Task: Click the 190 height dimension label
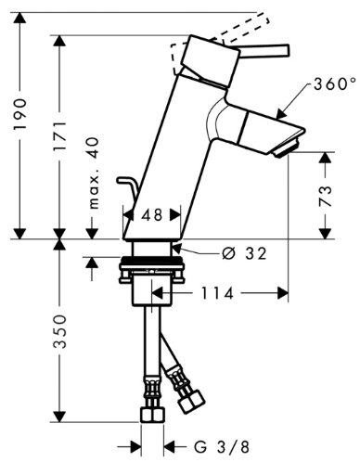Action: (x=20, y=114)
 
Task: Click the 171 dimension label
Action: (x=59, y=136)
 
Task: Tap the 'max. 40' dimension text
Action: (x=94, y=173)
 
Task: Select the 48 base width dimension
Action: (x=152, y=214)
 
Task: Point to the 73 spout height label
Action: (x=325, y=196)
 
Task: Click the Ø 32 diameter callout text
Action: (x=244, y=253)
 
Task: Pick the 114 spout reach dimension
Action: (x=217, y=293)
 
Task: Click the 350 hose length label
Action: (x=59, y=331)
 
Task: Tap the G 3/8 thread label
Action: (x=222, y=446)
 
